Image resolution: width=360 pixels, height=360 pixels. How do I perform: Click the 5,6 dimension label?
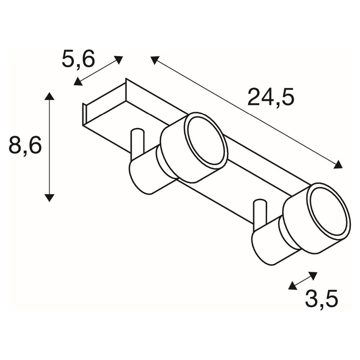78,59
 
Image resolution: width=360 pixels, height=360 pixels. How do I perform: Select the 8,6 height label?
25,145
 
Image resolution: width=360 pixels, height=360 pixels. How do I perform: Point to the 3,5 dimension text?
321,299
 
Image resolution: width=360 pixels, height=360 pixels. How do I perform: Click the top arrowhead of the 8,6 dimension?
49,96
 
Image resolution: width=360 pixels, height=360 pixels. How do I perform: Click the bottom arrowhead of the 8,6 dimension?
49,198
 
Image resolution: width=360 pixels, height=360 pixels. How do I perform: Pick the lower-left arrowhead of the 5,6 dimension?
78,82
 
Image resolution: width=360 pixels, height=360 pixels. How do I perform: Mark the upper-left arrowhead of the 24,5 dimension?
155,60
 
